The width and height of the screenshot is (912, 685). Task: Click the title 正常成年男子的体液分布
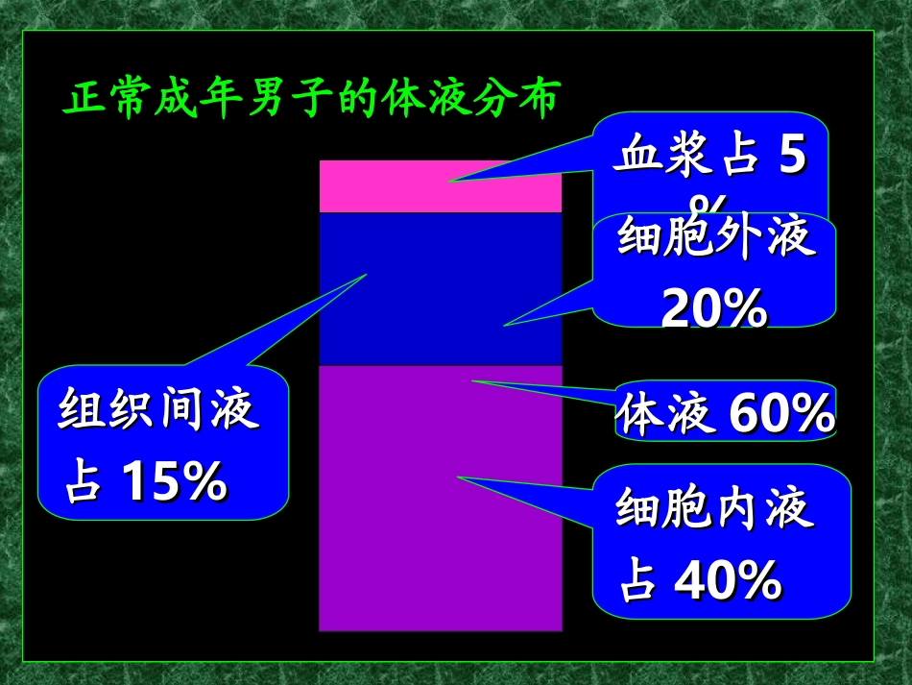[x=310, y=99]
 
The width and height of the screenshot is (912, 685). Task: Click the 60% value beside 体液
[x=781, y=414]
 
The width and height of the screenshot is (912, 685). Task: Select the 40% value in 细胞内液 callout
[x=728, y=579]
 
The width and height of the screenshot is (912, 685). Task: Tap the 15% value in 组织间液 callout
[x=173, y=482]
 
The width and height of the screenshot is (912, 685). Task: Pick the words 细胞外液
[x=716, y=237]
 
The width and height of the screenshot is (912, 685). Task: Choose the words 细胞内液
[x=715, y=509]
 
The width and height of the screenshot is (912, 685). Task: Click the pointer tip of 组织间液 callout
[x=367, y=275]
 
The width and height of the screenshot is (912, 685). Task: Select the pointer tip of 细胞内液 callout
[x=458, y=476]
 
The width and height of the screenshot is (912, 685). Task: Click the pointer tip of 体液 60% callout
[x=472, y=380]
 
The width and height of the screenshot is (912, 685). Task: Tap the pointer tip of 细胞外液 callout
[x=504, y=325]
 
